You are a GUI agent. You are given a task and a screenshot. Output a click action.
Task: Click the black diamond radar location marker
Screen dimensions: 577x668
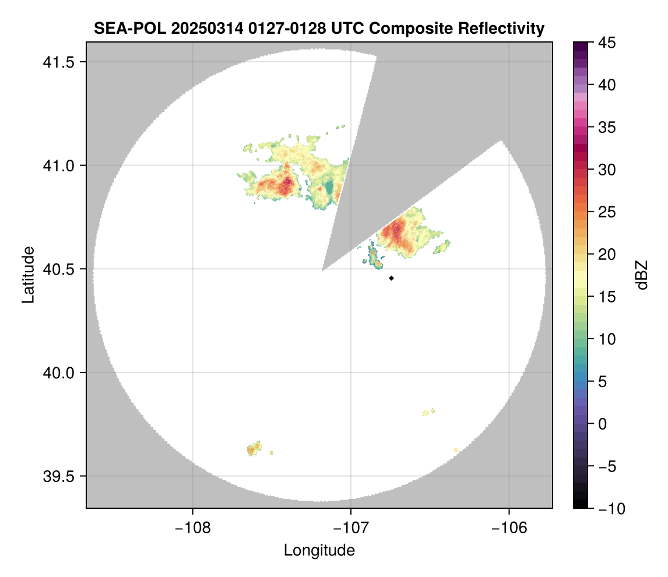tap(392, 278)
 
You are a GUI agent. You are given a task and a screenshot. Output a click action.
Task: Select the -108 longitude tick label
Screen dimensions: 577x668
tap(192, 528)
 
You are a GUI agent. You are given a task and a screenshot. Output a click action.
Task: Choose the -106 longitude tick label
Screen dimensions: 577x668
tap(509, 528)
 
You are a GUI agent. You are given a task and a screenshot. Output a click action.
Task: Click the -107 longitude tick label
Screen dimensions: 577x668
tap(351, 528)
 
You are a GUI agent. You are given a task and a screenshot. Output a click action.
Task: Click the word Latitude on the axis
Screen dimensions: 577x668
tap(28, 275)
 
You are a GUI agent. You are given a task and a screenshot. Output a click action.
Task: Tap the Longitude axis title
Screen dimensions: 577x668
tap(319, 550)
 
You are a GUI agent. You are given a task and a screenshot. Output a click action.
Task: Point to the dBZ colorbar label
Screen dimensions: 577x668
tap(642, 275)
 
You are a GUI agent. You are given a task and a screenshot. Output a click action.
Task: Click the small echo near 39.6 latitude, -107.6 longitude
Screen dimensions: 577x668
tap(253, 449)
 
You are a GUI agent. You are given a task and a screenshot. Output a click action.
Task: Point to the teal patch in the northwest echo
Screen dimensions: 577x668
tap(330, 188)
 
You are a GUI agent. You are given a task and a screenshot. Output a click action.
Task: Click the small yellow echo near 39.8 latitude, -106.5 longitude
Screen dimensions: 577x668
tap(427, 413)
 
